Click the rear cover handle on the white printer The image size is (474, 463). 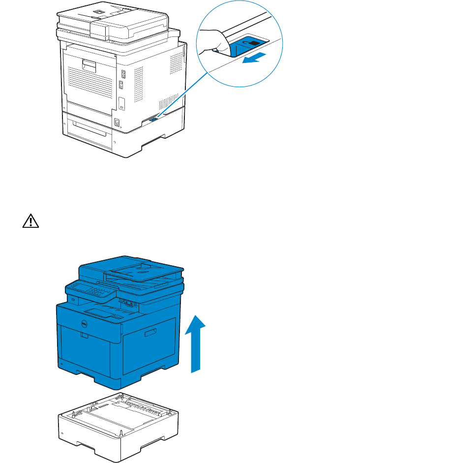pos(89,64)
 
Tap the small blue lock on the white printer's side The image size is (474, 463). pos(153,119)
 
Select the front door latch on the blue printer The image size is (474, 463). pos(84,337)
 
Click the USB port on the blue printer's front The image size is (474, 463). pos(72,299)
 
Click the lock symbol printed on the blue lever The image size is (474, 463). pos(254,44)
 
